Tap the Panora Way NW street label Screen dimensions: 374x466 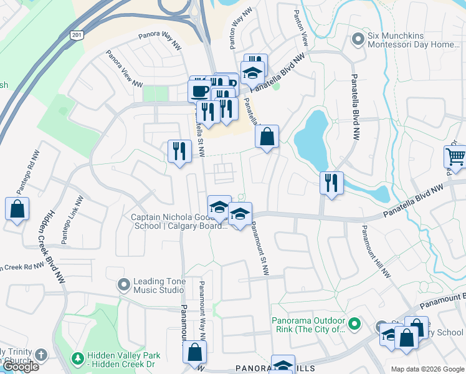pos(159,37)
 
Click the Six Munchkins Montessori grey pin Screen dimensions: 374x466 pos(358,40)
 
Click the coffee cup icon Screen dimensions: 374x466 pos(199,90)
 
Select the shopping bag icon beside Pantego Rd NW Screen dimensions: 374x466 pos(17,209)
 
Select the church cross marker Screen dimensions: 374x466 pos(40,355)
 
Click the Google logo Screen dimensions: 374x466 pos(21,367)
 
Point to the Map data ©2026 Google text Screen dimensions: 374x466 pos(427,369)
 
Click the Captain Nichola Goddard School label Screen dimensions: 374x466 pos(179,222)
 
